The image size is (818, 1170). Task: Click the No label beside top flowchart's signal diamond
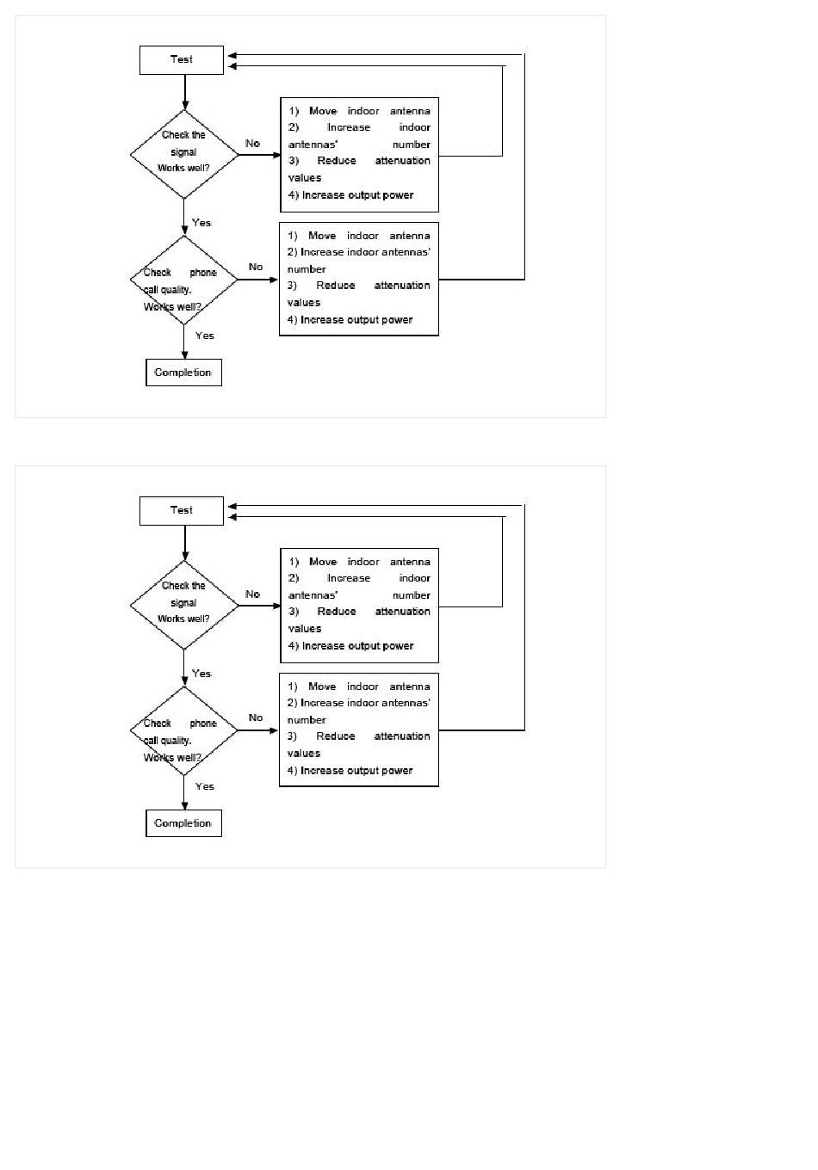(252, 143)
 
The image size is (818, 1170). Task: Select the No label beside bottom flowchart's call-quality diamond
(256, 717)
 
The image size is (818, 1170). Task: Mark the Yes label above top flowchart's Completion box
(204, 336)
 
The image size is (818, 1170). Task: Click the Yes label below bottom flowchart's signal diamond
(201, 674)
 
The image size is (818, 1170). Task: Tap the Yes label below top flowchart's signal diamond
(201, 223)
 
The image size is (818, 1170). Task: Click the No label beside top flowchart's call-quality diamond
(256, 267)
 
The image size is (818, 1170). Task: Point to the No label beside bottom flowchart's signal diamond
(252, 594)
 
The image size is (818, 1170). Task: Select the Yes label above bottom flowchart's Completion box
(204, 786)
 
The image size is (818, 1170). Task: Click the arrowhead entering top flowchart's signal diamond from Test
(185, 106)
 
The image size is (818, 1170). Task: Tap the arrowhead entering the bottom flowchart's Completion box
(184, 805)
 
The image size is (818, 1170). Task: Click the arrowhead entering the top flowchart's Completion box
(184, 354)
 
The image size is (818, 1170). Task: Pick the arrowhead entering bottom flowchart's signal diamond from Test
(185, 557)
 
